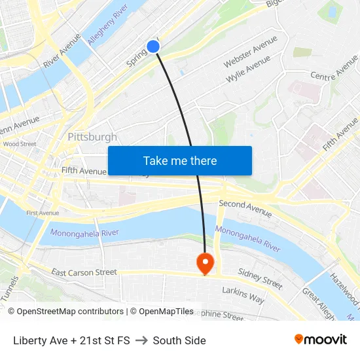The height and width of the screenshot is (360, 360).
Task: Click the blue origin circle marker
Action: [x=153, y=46]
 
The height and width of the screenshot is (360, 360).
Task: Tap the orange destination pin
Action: [x=206, y=262]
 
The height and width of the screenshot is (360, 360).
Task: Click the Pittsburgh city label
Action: [x=92, y=137]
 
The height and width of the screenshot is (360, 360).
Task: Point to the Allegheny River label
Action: [x=107, y=28]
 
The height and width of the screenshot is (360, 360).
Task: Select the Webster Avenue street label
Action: [x=250, y=52]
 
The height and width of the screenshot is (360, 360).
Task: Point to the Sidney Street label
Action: [x=260, y=279]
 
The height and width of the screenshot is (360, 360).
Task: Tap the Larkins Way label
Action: [x=243, y=295]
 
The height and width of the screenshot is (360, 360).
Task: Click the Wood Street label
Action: [x=19, y=144]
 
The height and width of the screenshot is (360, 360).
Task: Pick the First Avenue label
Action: [x=43, y=213]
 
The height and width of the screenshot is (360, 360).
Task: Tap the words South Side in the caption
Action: [x=179, y=340]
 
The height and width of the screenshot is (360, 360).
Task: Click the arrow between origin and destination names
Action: [x=141, y=340]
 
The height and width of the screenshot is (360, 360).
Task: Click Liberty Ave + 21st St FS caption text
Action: [x=71, y=340]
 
